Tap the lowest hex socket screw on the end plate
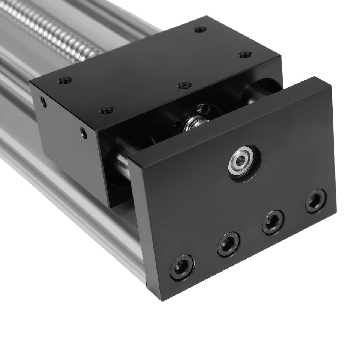coord(182,267)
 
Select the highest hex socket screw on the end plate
coord(315,201)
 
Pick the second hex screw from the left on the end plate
coord(228,244)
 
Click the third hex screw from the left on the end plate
coord(273,222)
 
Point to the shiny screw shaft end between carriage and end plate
coord(193,123)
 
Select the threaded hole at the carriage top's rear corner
coord(201,29)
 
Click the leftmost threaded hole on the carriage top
coord(65,80)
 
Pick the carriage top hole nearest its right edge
coord(245,55)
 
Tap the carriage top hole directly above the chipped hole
coord(184,85)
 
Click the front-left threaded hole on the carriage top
coord(106,110)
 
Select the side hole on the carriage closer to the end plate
coord(84,132)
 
